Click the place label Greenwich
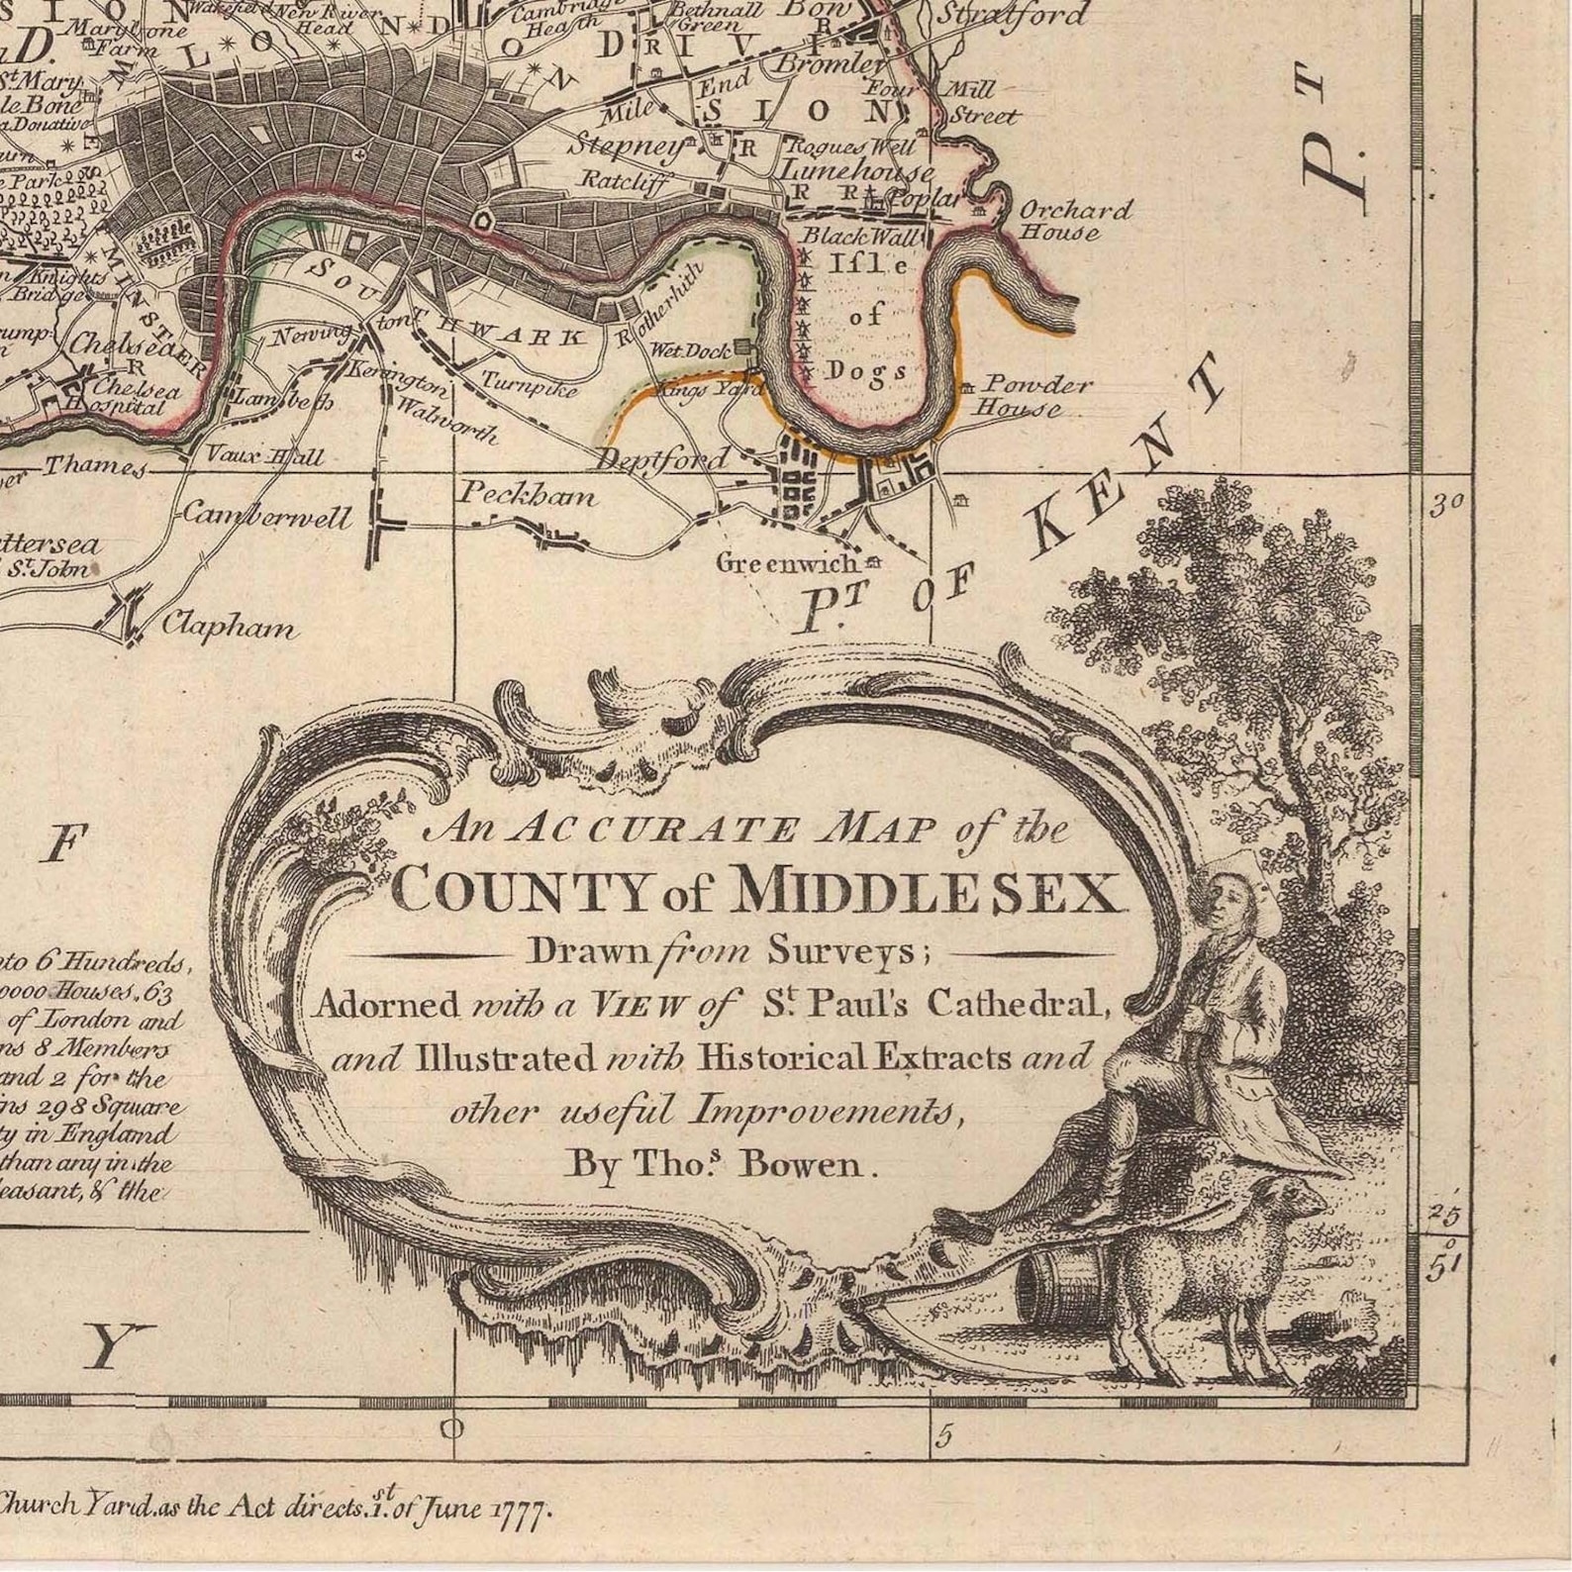pos(787,562)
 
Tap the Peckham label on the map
pos(528,494)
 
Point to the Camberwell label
pos(266,516)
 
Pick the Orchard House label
pos(1075,221)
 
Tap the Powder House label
pos(1035,396)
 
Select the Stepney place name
pos(628,147)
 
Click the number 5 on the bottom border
pos(945,1436)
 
